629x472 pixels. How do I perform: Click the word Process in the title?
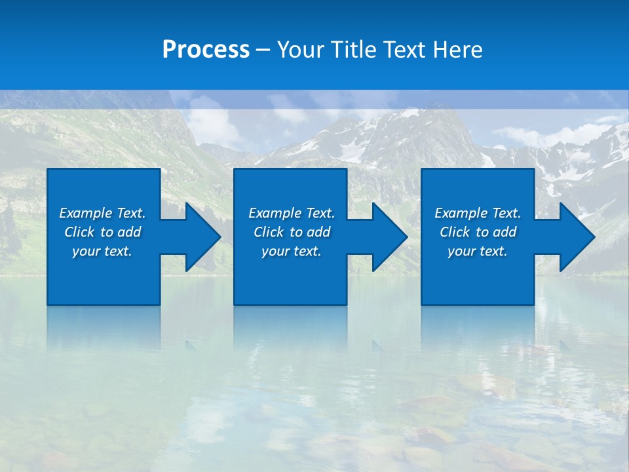[206, 50]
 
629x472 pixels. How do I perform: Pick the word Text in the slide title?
[405, 50]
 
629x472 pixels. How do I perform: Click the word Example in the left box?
[86, 213]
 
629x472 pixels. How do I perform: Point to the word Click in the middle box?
[269, 232]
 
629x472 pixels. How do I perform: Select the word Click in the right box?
[455, 232]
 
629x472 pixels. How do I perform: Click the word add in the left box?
[129, 232]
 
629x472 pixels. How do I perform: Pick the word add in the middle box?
[318, 232]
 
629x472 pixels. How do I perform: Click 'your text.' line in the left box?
[102, 251]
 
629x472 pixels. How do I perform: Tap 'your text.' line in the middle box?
[292, 251]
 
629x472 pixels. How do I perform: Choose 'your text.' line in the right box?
[478, 251]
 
